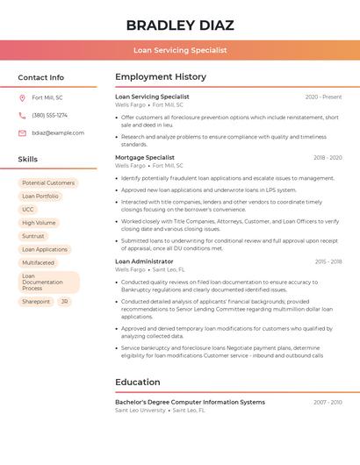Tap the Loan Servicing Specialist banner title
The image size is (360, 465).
[x=180, y=50]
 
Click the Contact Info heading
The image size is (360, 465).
[x=40, y=77]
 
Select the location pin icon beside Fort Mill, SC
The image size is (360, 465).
[x=22, y=97]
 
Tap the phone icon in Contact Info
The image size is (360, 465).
[x=22, y=115]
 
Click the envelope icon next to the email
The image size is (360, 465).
[x=22, y=132]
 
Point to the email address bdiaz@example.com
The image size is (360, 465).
[x=58, y=132]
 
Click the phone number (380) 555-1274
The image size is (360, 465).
[x=49, y=115]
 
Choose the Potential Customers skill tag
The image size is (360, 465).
[x=48, y=183]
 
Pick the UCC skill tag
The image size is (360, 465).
[x=28, y=210]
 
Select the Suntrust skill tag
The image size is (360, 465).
[x=33, y=236]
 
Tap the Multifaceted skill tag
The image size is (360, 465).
[x=38, y=262]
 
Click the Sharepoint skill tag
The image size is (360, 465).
[x=36, y=302]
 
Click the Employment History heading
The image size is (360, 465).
[x=161, y=77]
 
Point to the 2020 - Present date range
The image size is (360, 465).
[x=323, y=97]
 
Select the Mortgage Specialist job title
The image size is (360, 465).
[x=145, y=158]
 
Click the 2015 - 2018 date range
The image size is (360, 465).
[x=328, y=261]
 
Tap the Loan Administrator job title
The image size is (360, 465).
[x=144, y=261]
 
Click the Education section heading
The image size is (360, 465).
[x=138, y=382]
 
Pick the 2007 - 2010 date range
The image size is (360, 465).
[x=328, y=403]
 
